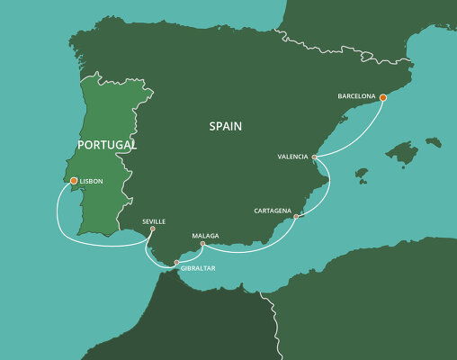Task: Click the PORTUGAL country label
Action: (x=106, y=144)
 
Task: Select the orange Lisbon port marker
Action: (x=73, y=181)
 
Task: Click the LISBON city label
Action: (x=91, y=182)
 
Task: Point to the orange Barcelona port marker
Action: (x=382, y=97)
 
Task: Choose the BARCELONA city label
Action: (x=356, y=94)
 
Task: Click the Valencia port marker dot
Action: (x=314, y=157)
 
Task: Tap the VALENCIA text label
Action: (x=293, y=157)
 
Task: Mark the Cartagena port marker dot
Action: (x=296, y=216)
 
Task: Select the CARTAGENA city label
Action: (x=273, y=211)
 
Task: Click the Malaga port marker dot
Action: (x=202, y=244)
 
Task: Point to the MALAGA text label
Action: (x=205, y=236)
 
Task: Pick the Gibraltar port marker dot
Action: (x=176, y=262)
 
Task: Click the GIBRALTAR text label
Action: (x=196, y=268)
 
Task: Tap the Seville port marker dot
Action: (x=152, y=229)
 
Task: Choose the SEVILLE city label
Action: (x=154, y=220)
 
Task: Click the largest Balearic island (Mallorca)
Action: (x=402, y=153)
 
